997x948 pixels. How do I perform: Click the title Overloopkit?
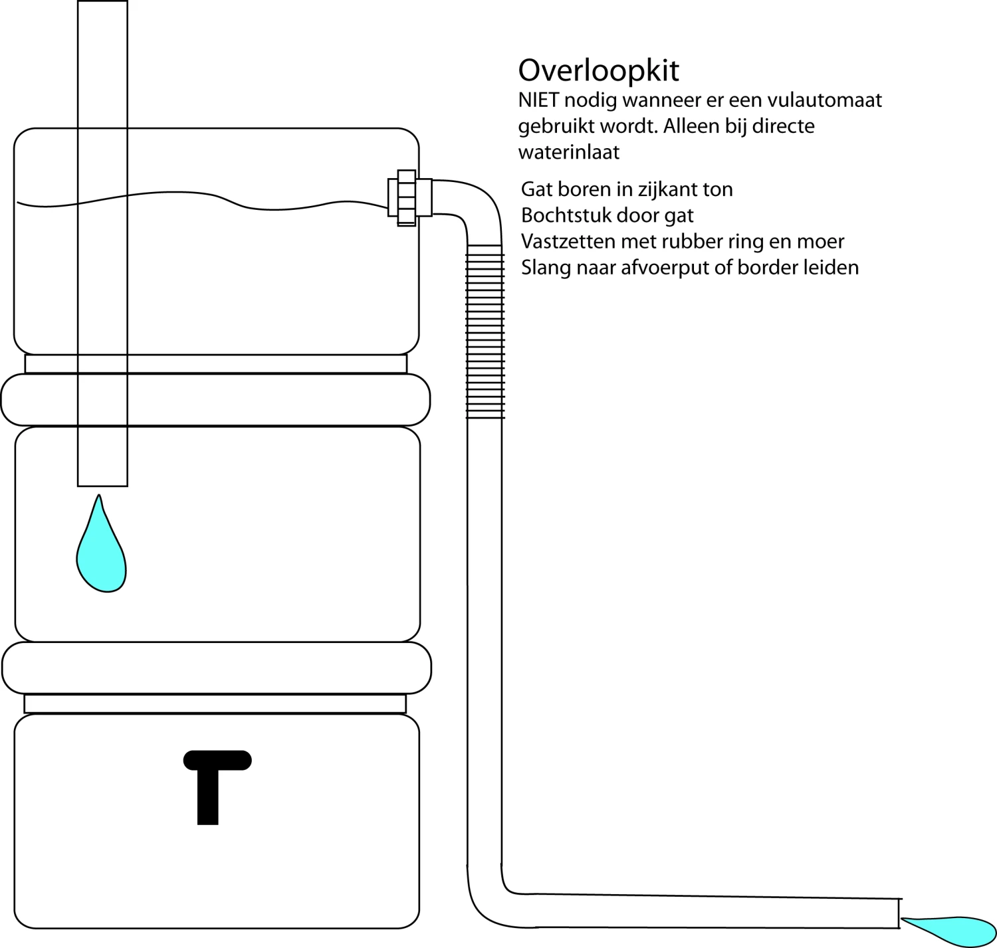(x=598, y=70)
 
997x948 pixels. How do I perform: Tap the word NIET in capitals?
(x=538, y=100)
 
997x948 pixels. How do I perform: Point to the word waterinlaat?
(x=569, y=152)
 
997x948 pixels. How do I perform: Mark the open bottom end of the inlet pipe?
(x=102, y=484)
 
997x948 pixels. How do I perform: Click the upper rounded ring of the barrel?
(x=215, y=400)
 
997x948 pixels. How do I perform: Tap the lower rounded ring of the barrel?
(x=217, y=668)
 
